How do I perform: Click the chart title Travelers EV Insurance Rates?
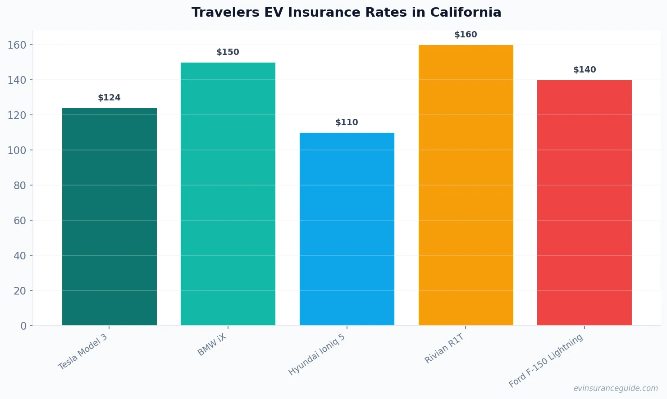click(346, 13)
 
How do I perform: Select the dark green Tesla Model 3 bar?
click(110, 217)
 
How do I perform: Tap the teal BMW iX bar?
click(228, 194)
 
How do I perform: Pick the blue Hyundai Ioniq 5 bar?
click(347, 229)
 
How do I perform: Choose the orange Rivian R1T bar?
click(466, 185)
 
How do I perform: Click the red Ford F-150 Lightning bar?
click(585, 203)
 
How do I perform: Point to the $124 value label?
click(110, 98)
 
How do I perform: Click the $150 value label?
click(228, 52)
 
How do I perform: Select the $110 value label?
click(347, 122)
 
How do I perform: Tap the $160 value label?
click(466, 35)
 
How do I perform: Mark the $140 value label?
click(585, 70)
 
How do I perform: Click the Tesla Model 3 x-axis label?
click(83, 352)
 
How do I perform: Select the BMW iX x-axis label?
click(212, 345)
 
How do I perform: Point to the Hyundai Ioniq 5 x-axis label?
click(317, 355)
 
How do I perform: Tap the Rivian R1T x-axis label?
click(444, 349)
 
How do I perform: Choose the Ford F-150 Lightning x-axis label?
click(546, 361)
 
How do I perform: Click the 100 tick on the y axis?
click(17, 150)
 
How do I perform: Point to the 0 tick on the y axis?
click(23, 326)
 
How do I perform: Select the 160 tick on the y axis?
click(17, 45)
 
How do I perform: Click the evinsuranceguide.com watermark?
click(616, 388)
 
